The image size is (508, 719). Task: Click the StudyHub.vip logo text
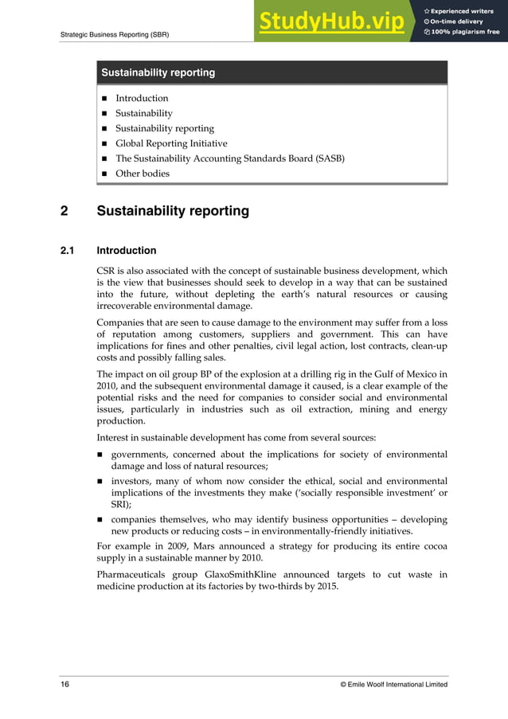pos(330,21)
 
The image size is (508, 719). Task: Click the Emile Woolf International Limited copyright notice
pos(393,684)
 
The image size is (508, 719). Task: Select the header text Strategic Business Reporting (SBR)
pos(114,34)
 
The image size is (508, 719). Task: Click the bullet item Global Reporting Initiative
pos(171,143)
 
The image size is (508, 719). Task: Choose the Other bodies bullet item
pos(143,173)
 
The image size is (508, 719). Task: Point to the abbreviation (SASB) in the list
pos(328,158)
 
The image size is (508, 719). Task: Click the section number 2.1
pos(68,251)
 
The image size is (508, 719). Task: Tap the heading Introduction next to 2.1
pos(127,251)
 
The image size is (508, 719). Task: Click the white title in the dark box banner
pos(158,72)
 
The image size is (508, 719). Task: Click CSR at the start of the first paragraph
pos(107,271)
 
